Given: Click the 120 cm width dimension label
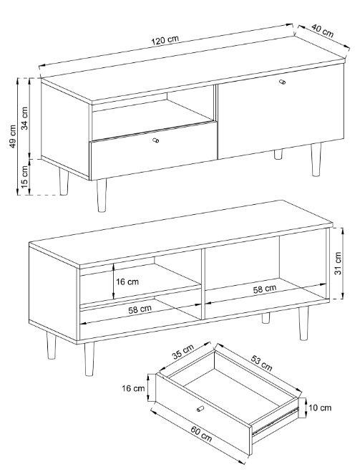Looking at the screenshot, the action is click(165, 39).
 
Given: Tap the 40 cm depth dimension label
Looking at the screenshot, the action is click(322, 30).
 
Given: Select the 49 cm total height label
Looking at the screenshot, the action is click(12, 136).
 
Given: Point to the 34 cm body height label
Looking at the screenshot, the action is click(24, 118).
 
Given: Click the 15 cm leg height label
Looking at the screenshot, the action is click(24, 175).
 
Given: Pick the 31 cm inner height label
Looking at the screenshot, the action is click(338, 263).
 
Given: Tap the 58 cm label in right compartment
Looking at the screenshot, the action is click(264, 289).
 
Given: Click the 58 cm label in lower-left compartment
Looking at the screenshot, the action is click(140, 309).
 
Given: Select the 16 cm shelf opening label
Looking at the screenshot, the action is click(127, 281).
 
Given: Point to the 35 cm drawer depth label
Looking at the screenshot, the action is click(183, 352).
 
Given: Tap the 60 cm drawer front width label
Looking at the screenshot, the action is click(201, 434).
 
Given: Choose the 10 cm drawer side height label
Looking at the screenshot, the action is click(320, 408).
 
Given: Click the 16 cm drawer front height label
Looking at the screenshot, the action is click(133, 388).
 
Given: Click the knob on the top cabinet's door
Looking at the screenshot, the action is click(282, 82).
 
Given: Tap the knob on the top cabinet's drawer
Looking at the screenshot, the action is click(155, 140).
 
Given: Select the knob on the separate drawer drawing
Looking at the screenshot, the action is click(200, 408).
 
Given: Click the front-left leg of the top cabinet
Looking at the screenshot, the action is click(102, 196).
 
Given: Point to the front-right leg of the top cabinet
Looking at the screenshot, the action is click(316, 160).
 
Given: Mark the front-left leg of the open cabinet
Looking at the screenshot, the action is click(89, 359).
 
